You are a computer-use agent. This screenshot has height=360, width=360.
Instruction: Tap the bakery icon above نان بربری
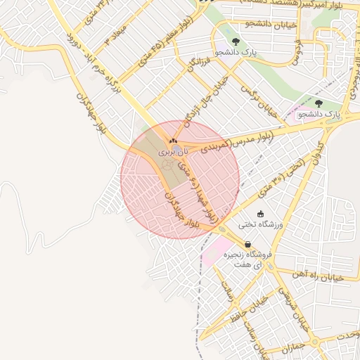(174, 142)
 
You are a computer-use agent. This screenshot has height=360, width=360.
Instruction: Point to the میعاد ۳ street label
(117, 32)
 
